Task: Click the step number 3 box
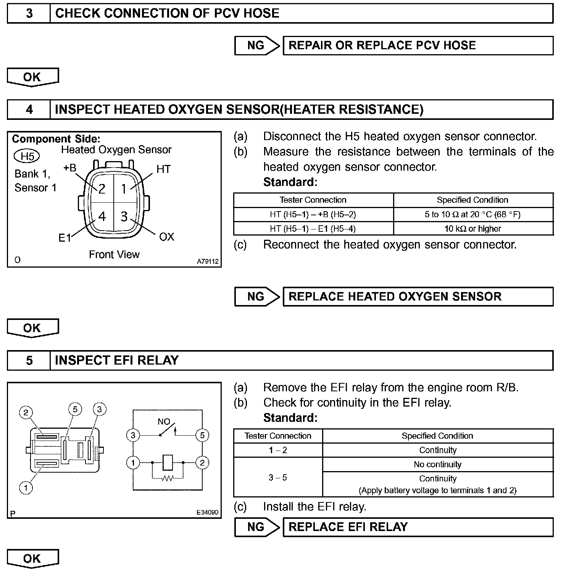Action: (29, 14)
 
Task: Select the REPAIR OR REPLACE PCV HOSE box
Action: (418, 45)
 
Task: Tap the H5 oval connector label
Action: (27, 156)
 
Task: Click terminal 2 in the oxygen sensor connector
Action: (102, 189)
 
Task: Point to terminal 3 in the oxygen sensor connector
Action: (124, 216)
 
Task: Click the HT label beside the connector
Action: (163, 169)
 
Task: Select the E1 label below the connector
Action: (65, 238)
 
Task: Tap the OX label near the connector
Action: (166, 237)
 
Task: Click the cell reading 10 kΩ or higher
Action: (473, 229)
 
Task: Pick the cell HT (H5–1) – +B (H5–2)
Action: (313, 215)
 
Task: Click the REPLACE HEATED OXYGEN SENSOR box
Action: (418, 297)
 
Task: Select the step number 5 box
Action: (29, 360)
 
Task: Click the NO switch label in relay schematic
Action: (164, 421)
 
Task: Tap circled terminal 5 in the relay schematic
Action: (202, 435)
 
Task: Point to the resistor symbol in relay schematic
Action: (167, 478)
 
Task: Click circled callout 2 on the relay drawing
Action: (26, 412)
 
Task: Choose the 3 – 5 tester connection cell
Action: (278, 478)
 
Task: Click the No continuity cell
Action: (437, 465)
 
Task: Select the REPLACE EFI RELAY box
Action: (418, 527)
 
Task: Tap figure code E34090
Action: (207, 512)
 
